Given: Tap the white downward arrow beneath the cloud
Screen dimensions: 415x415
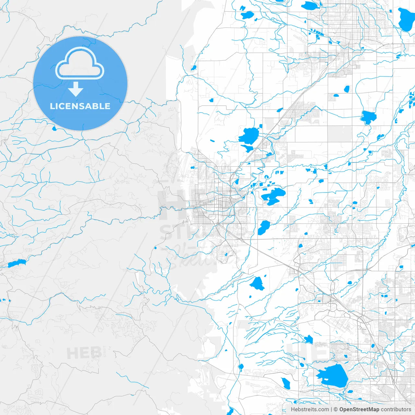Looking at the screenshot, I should pos(76,89).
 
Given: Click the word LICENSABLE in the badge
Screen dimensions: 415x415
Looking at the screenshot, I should pos(80,106).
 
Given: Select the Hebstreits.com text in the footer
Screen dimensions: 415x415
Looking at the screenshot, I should pos(310,409).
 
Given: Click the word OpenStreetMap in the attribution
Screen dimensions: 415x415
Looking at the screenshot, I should pos(359,409).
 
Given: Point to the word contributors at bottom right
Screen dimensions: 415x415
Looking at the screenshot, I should pos(396,409).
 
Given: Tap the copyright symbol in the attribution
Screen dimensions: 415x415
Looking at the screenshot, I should pos(336,409).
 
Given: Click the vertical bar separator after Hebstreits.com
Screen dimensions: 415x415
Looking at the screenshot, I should pos(331,409).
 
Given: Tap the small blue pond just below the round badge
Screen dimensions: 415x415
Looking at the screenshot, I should pos(54,129).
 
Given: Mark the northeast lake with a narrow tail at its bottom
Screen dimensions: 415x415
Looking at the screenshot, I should pos(368,117).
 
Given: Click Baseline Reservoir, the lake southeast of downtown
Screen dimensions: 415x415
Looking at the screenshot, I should pos(264,227).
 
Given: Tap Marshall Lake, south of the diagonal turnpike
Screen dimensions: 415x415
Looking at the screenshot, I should pos(257,283).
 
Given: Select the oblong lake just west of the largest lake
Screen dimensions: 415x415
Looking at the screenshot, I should pos(285,383).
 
